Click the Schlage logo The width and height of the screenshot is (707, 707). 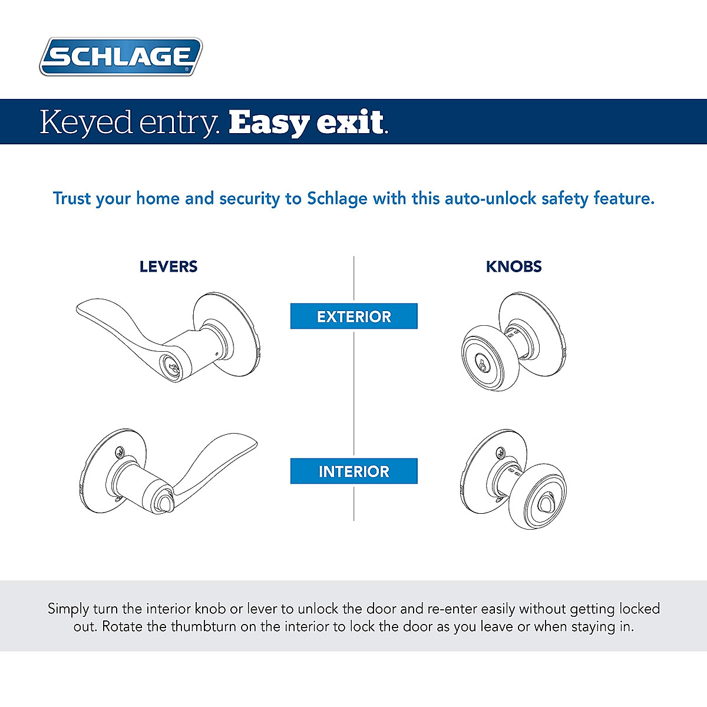[x=121, y=57]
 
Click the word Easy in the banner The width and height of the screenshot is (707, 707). [x=269, y=123]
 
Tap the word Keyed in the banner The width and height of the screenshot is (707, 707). [x=86, y=123]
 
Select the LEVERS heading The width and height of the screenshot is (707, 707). [x=169, y=267]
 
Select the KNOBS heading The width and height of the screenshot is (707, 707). [x=514, y=267]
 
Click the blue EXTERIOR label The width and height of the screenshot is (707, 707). [x=353, y=316]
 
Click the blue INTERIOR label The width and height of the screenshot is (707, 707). [x=353, y=471]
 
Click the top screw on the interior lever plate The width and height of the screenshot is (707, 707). [x=120, y=452]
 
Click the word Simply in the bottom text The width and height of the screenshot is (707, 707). [x=68, y=609]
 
